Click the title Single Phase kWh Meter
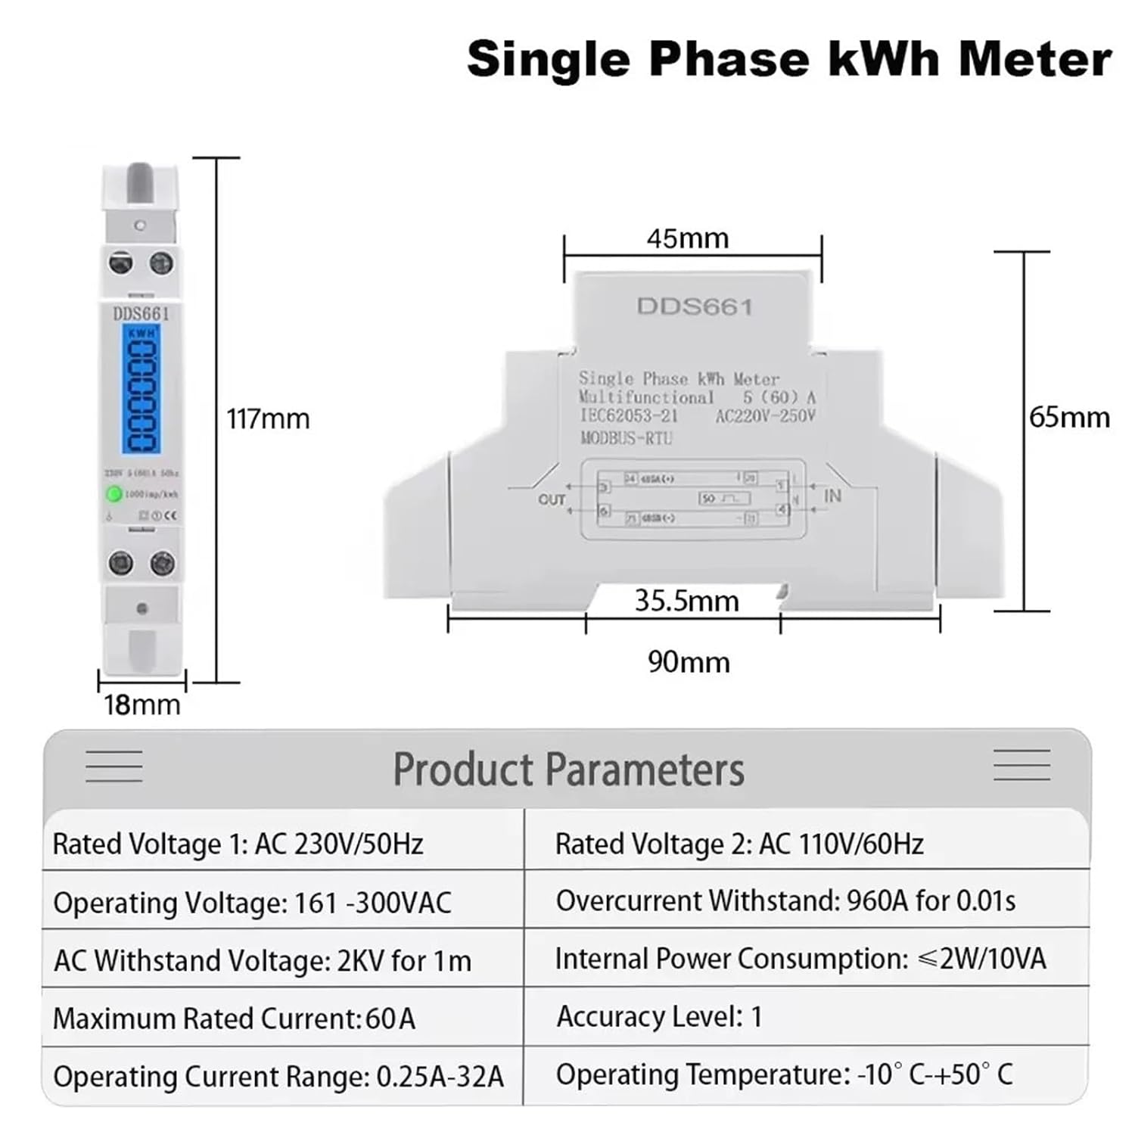click(x=789, y=59)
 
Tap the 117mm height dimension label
click(x=268, y=418)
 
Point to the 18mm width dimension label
click(x=142, y=704)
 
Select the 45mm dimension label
click(x=687, y=238)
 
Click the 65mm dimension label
click(x=1069, y=417)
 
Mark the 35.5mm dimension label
click(x=686, y=601)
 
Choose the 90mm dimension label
click(x=689, y=662)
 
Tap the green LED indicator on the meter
click(x=113, y=494)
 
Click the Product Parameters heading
click(x=568, y=770)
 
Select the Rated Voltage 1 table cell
click(x=238, y=844)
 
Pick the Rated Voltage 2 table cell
click(x=739, y=844)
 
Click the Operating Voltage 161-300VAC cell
click(x=252, y=903)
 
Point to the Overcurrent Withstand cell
click(x=785, y=900)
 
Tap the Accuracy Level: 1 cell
click(x=659, y=1017)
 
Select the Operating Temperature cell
click(x=784, y=1074)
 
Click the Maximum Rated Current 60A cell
click(x=234, y=1018)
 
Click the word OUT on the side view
click(x=552, y=499)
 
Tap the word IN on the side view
click(x=832, y=496)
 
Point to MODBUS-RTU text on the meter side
click(x=626, y=437)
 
